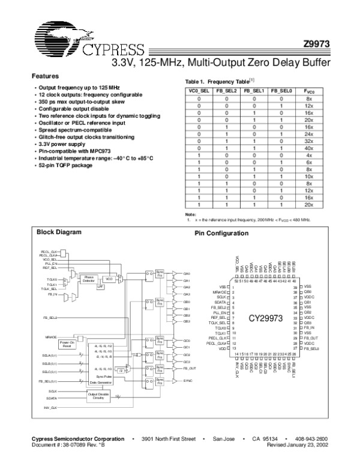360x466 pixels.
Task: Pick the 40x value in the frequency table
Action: click(309, 148)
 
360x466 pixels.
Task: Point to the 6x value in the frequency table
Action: click(309, 162)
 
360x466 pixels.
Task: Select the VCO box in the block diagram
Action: click(109, 279)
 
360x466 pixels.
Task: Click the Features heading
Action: click(45, 77)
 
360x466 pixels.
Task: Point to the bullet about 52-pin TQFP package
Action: click(67, 165)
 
